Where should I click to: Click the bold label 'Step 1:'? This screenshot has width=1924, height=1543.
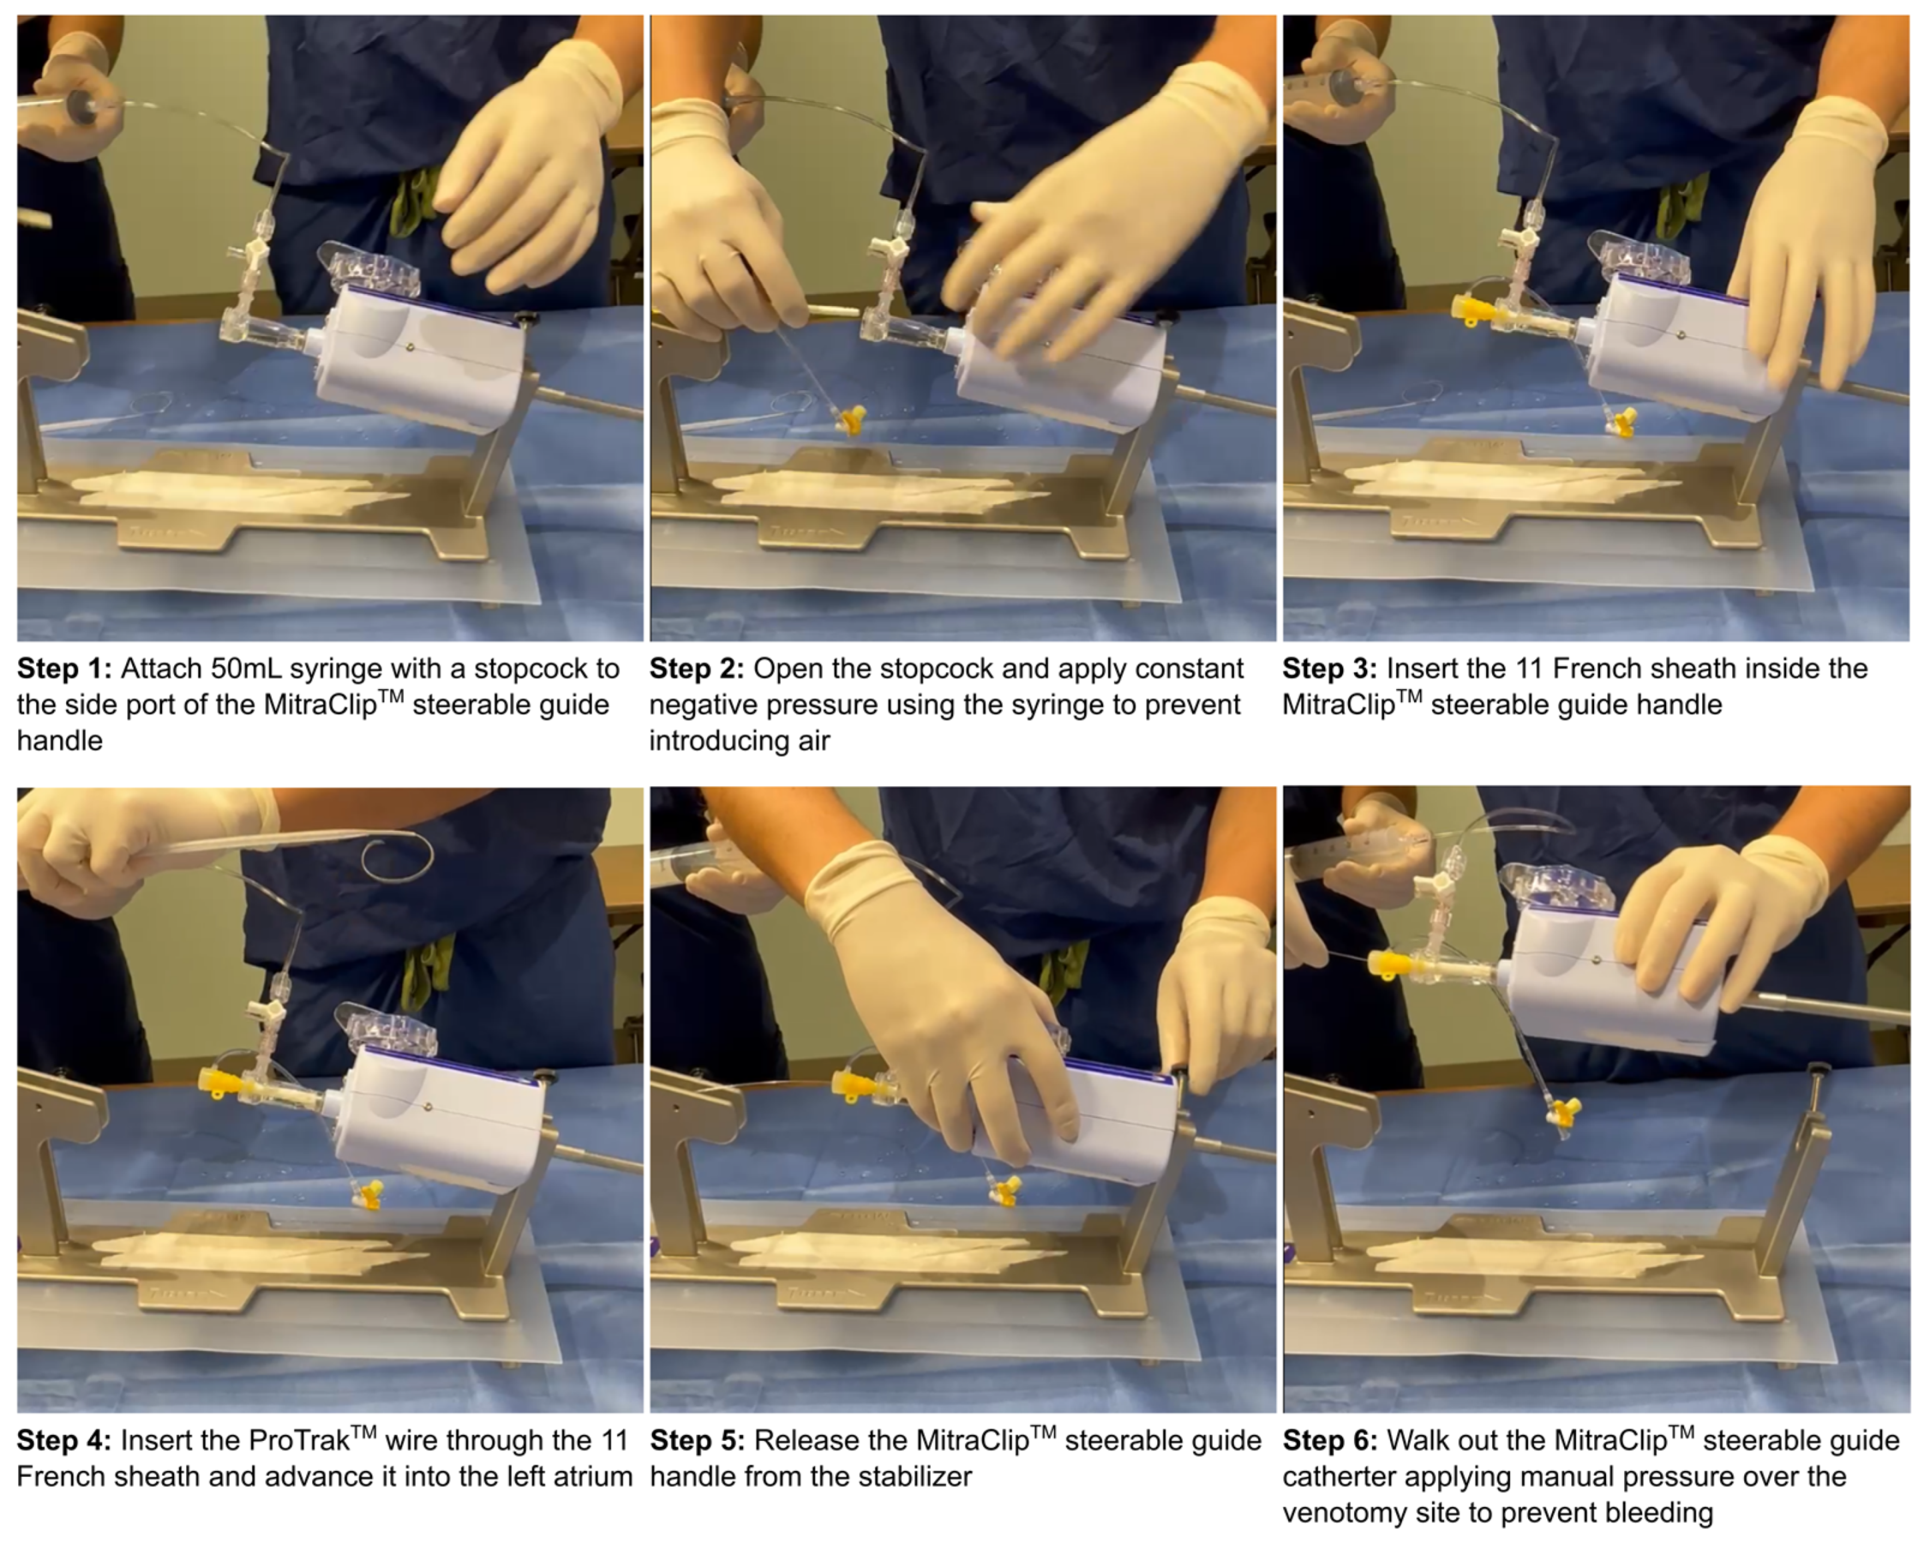click(x=64, y=668)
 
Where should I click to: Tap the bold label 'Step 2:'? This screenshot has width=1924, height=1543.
click(x=697, y=668)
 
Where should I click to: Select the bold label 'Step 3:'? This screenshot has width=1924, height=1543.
click(x=1329, y=668)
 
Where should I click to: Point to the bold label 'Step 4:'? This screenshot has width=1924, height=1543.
click(x=64, y=1440)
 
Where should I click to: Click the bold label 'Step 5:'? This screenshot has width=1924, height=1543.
click(x=697, y=1440)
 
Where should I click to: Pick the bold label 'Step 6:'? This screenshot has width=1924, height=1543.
click(x=1329, y=1440)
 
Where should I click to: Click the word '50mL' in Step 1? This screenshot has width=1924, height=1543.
click(x=245, y=668)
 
